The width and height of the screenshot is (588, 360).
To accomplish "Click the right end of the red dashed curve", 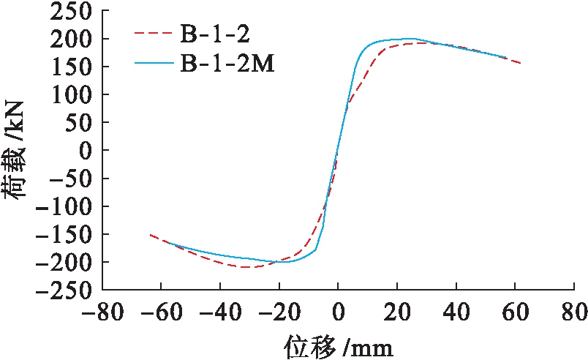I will point(521,63).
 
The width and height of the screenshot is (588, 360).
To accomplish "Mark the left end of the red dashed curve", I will point(149,235).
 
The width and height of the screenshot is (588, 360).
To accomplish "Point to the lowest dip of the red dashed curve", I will point(245,267).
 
